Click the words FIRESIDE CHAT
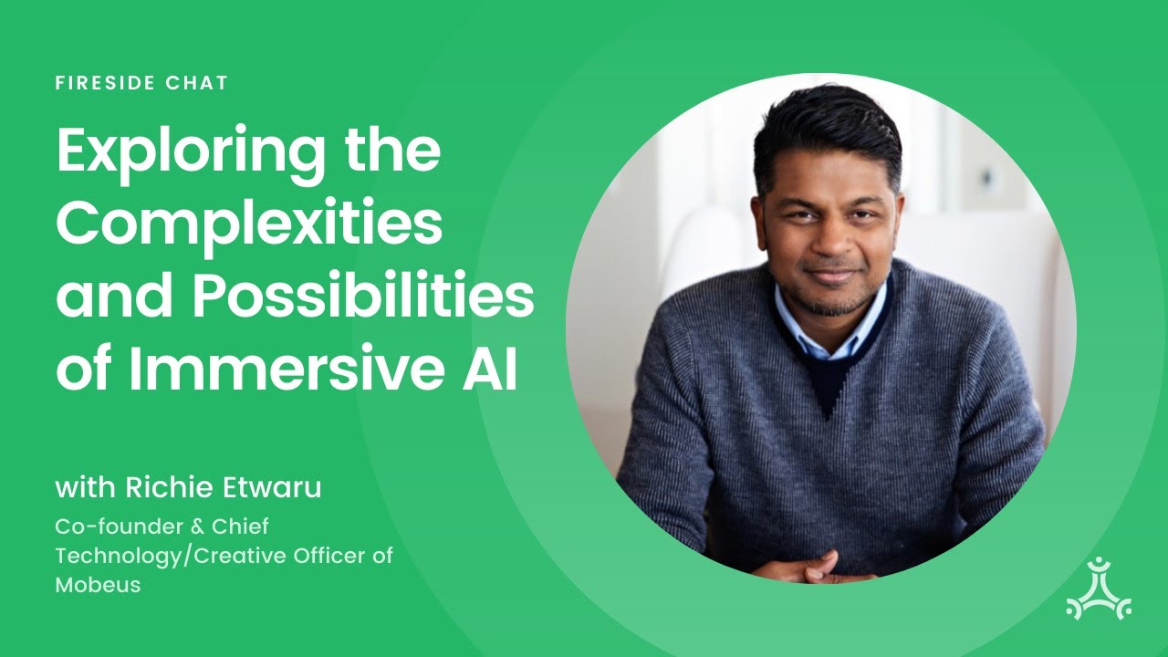point(141,83)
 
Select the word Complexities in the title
point(249,225)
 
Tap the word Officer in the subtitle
point(345,556)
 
